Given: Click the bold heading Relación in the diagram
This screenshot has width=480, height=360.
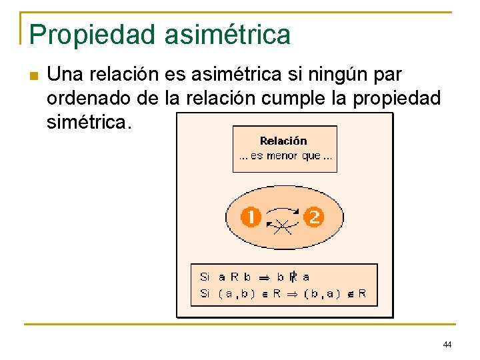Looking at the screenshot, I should point(283,141).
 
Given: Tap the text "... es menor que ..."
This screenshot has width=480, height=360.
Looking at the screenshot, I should point(284,156).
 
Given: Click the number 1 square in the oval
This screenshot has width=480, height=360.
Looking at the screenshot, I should point(251,217).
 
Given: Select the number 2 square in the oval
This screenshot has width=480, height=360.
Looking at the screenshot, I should point(313,217).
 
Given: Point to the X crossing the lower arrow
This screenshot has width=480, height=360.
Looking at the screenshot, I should point(283,227).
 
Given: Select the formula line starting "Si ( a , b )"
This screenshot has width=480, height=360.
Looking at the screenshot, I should point(283,293).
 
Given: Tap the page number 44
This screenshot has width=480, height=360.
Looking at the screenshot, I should point(447,344).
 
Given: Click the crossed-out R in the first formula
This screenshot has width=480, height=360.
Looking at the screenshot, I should point(293,276).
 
